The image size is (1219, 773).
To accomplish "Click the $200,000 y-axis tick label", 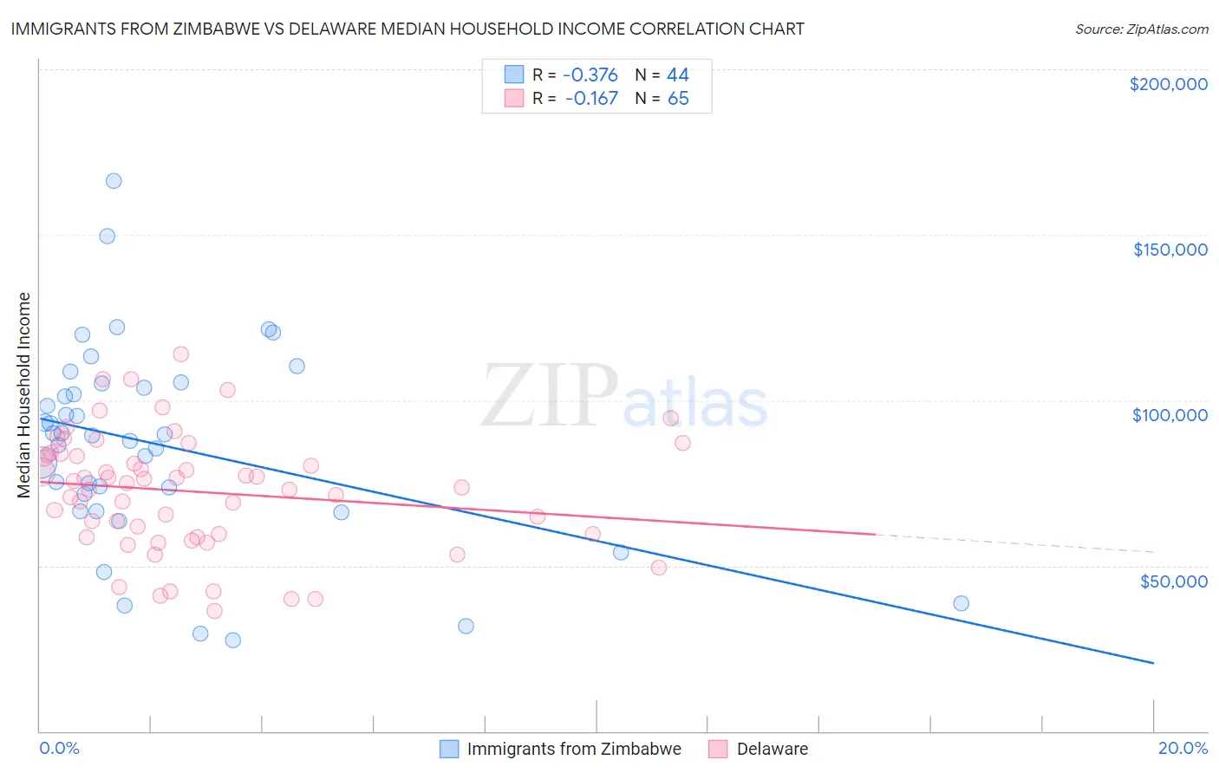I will (x=1168, y=84).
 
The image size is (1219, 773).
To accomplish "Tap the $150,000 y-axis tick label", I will (x=1170, y=250).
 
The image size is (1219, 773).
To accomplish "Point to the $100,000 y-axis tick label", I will (x=1170, y=415).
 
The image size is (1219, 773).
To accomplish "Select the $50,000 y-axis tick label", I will (x=1173, y=581).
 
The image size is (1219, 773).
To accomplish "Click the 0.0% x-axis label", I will (x=59, y=748).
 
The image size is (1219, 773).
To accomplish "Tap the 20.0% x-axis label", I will (x=1183, y=748).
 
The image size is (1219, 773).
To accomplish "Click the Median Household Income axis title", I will (x=24, y=395).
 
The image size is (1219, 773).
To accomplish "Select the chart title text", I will (x=407, y=29).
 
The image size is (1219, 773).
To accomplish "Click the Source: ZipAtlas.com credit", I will (x=1141, y=29).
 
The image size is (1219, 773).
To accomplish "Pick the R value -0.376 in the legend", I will (x=590, y=75).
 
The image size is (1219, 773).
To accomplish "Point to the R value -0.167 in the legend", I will (x=590, y=99).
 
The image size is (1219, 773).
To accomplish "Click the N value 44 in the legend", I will (x=677, y=75).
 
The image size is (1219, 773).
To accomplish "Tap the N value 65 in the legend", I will (x=677, y=99).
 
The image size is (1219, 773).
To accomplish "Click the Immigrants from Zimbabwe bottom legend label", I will (x=574, y=749).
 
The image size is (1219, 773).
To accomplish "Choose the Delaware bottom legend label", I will (x=772, y=749).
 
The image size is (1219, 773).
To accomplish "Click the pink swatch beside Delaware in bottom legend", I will (x=718, y=749).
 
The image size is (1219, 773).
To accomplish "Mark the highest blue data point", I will (x=114, y=181).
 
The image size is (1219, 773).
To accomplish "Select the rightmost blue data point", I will (x=961, y=603).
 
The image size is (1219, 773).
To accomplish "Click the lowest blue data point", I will (x=232, y=640).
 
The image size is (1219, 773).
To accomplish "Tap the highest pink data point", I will (x=180, y=354).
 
